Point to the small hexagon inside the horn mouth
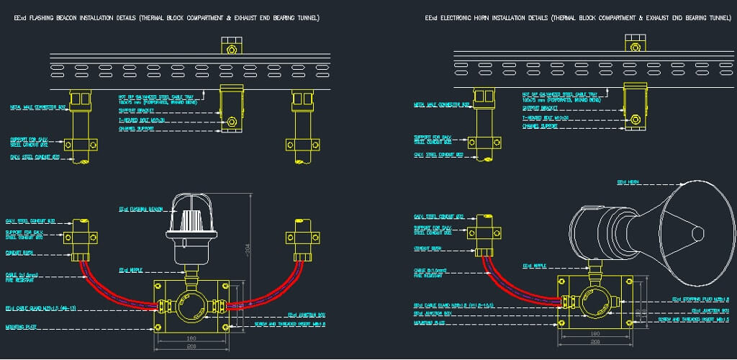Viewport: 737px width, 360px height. [696, 233]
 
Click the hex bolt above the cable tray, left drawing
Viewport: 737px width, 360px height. [231, 50]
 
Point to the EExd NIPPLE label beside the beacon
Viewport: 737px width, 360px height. [134, 270]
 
